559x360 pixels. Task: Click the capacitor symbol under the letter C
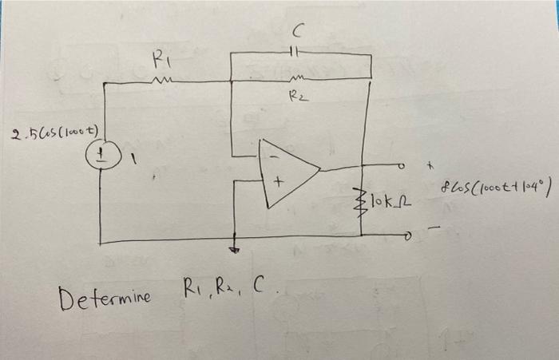click(295, 53)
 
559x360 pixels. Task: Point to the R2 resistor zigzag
click(296, 79)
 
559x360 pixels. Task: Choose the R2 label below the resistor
click(296, 97)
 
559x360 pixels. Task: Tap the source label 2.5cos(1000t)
click(54, 132)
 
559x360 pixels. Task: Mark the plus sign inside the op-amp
click(279, 182)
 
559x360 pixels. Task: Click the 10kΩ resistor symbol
click(362, 194)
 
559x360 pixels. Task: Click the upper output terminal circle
click(406, 167)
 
